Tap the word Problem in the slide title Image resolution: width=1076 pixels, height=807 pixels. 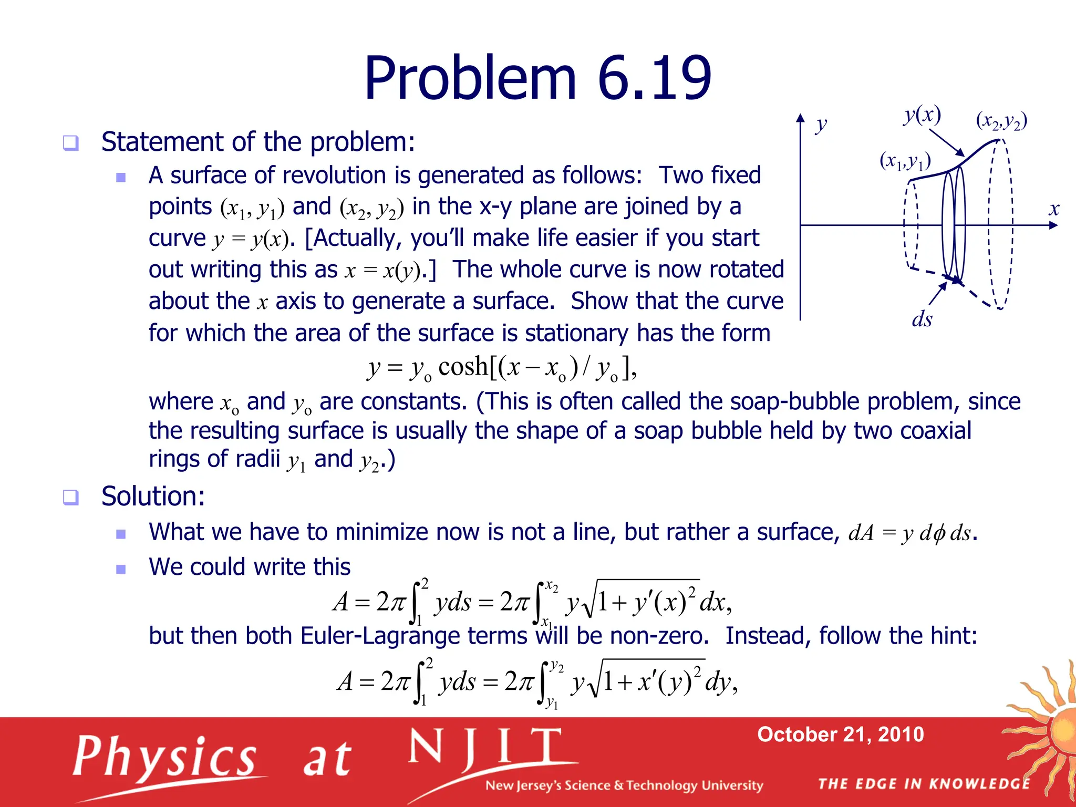coord(470,79)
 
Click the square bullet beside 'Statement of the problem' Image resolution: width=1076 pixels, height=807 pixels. coord(70,143)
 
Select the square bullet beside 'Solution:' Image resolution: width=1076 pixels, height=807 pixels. coord(70,497)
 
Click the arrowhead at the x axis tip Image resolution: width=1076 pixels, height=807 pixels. coord(1053,225)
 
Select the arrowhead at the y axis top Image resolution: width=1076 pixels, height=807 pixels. coord(800,119)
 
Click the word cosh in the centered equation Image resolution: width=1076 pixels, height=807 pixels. coord(463,366)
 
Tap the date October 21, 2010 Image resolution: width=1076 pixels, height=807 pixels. coord(840,734)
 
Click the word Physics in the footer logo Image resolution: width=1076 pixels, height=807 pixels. coord(165,757)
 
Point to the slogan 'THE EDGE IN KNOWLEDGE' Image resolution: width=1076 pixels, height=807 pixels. coord(924,784)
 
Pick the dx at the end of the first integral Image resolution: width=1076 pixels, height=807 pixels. coord(713,602)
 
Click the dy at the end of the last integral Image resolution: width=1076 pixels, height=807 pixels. coord(719,682)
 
